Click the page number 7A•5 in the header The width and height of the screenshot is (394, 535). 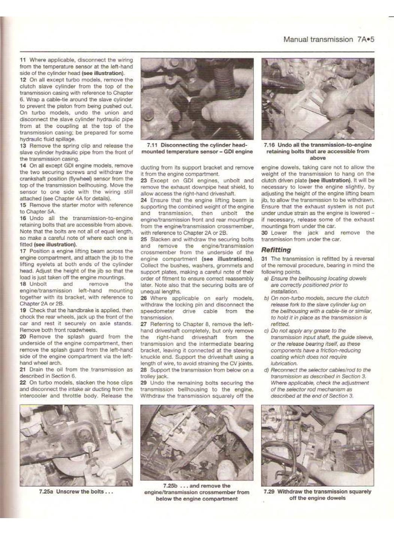coord(365,39)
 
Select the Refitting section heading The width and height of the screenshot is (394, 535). coord(276,250)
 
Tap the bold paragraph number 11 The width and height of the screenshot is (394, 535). coord(23,60)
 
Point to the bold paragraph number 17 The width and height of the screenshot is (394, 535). coord(23,251)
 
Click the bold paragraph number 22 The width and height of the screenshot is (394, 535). coord(23,383)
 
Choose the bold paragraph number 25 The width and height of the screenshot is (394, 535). coord(143,239)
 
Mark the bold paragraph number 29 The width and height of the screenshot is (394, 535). coord(143,383)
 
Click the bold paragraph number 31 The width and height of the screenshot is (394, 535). coord(264,259)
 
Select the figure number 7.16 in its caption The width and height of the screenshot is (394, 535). coord(269,145)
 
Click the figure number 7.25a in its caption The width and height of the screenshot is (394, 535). coord(46,492)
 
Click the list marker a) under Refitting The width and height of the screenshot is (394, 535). coord(266,279)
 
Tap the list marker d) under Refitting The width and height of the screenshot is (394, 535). coord(266,370)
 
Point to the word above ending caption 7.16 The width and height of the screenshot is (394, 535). coord(318,158)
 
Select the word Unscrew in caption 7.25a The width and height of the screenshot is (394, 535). coord(67,492)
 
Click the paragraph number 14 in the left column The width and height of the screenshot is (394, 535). coord(23,166)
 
